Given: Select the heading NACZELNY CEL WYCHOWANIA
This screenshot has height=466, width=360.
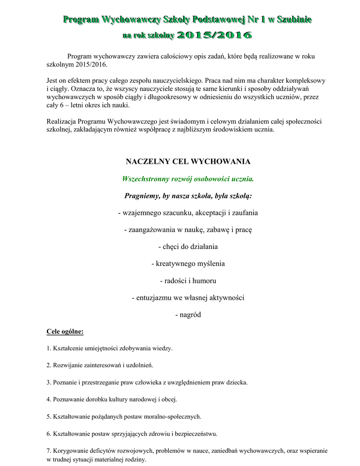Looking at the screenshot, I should click(188, 162).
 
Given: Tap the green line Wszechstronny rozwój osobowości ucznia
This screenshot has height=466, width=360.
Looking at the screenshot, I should click(188, 179).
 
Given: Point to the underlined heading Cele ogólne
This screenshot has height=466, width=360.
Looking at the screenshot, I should click(65, 331).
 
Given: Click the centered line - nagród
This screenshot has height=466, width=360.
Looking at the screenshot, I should click(188, 314).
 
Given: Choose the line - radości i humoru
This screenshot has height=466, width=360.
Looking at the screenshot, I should click(188, 280).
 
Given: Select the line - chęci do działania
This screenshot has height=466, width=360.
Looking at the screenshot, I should click(188, 246).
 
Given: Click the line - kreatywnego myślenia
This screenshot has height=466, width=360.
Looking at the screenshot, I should click(188, 263).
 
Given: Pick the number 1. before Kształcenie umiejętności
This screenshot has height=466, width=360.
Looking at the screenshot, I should click(49, 349).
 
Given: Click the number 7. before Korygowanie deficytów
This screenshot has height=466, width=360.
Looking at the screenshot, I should click(49, 451).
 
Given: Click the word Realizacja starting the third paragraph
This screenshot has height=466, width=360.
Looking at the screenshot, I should click(61, 122).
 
